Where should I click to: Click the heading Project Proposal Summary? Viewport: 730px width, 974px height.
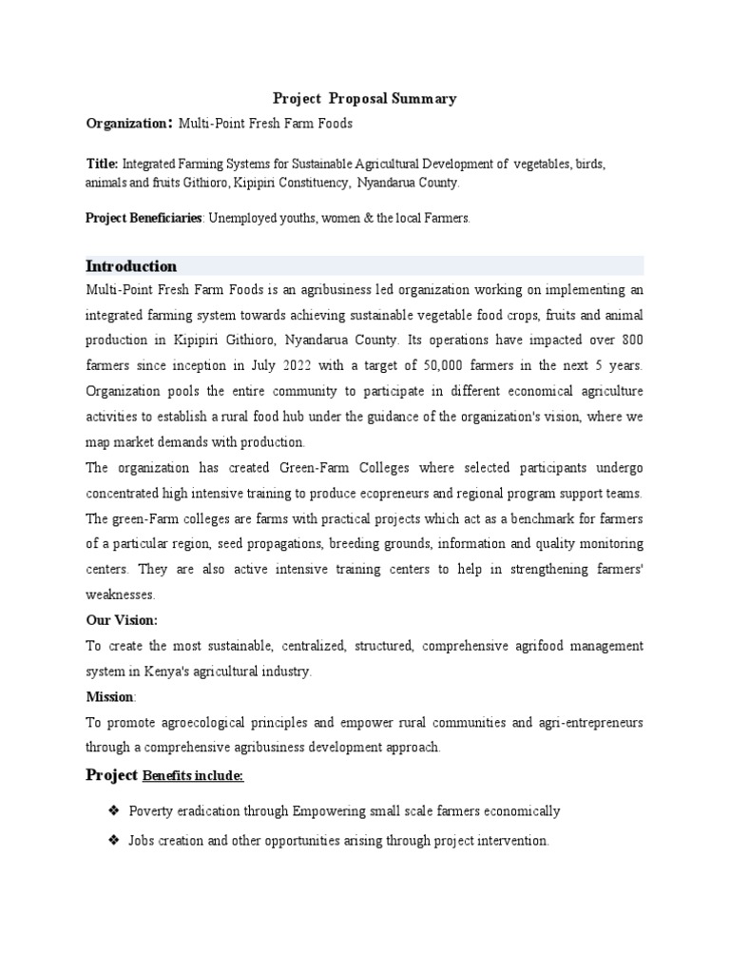coord(365,98)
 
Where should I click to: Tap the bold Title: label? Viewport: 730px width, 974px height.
coord(102,164)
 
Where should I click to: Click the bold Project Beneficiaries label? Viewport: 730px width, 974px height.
coord(144,218)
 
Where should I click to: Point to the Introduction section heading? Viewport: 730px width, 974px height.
coord(131,265)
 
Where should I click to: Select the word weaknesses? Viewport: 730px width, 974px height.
coord(120,594)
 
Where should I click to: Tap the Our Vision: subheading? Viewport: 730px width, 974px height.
coord(122,620)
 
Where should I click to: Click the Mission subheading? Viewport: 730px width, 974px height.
coord(110,696)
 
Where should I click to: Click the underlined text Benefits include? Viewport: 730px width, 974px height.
coord(193,776)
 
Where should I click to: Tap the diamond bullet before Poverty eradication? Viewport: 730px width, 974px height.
coord(113,810)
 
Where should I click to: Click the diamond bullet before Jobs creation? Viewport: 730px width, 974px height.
coord(113,841)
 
